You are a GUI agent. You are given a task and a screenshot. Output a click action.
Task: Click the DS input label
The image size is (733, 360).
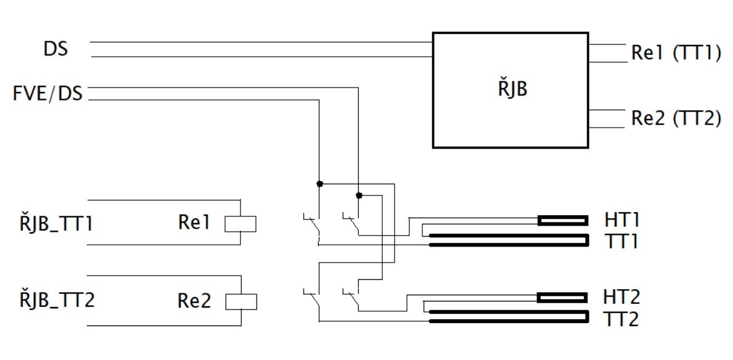click(x=55, y=49)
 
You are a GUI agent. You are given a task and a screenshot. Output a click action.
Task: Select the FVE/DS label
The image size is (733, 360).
click(x=48, y=94)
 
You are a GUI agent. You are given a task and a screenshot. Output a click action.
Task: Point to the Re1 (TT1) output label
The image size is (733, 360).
click(x=676, y=53)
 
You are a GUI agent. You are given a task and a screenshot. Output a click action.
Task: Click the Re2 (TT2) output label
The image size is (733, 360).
click(x=676, y=118)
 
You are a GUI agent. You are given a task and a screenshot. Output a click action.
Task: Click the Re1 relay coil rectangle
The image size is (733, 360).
click(x=240, y=224)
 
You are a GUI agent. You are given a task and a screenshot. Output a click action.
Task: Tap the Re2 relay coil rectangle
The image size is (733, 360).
click(x=241, y=301)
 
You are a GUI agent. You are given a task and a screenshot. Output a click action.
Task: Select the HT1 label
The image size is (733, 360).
click(x=621, y=219)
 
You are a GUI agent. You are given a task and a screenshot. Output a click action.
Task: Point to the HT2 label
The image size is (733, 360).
click(x=622, y=297)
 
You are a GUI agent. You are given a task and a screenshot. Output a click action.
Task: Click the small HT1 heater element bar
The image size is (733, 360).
click(x=563, y=220)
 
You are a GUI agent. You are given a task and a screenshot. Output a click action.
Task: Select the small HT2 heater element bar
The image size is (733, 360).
click(x=563, y=297)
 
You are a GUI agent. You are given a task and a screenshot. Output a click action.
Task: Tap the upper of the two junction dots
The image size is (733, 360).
click(x=320, y=184)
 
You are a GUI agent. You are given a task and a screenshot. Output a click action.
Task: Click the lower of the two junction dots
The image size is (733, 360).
click(x=359, y=195)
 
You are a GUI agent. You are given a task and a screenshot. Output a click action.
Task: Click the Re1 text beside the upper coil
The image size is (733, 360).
click(x=194, y=223)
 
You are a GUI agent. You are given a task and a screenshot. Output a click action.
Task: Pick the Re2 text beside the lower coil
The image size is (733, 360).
click(x=194, y=301)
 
